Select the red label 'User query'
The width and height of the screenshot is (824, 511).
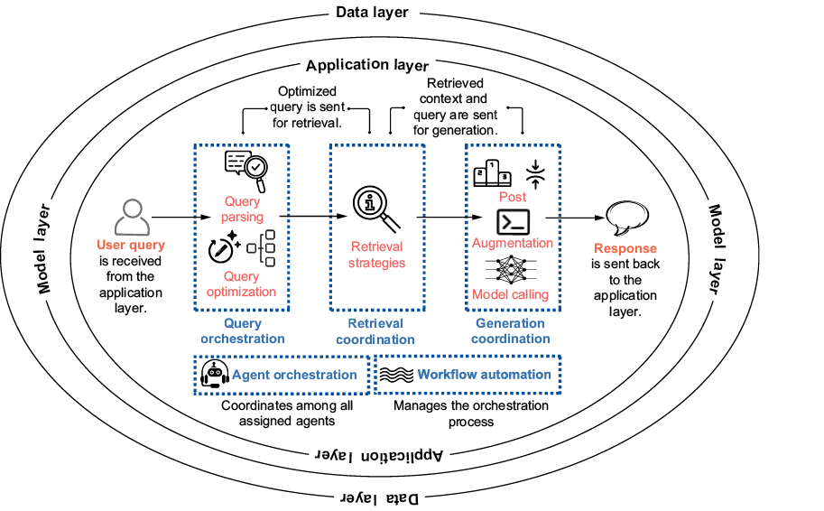point(132,246)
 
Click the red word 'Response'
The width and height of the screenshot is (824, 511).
point(625,249)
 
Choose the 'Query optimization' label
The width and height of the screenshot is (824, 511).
point(242,284)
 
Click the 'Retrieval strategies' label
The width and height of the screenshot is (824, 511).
point(377,255)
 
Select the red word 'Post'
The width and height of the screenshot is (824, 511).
point(513,197)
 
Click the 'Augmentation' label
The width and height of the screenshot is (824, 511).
point(513,243)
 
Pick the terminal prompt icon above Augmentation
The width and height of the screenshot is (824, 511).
point(513,221)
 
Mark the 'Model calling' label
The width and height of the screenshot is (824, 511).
point(511,294)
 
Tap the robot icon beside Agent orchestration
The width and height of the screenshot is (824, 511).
point(214,375)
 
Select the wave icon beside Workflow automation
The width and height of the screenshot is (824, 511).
point(393,375)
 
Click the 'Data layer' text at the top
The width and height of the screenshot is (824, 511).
point(372,13)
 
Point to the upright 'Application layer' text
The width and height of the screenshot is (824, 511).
point(366,65)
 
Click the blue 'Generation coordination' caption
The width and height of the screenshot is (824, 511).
point(511,331)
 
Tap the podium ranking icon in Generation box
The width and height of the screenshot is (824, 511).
point(493,172)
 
